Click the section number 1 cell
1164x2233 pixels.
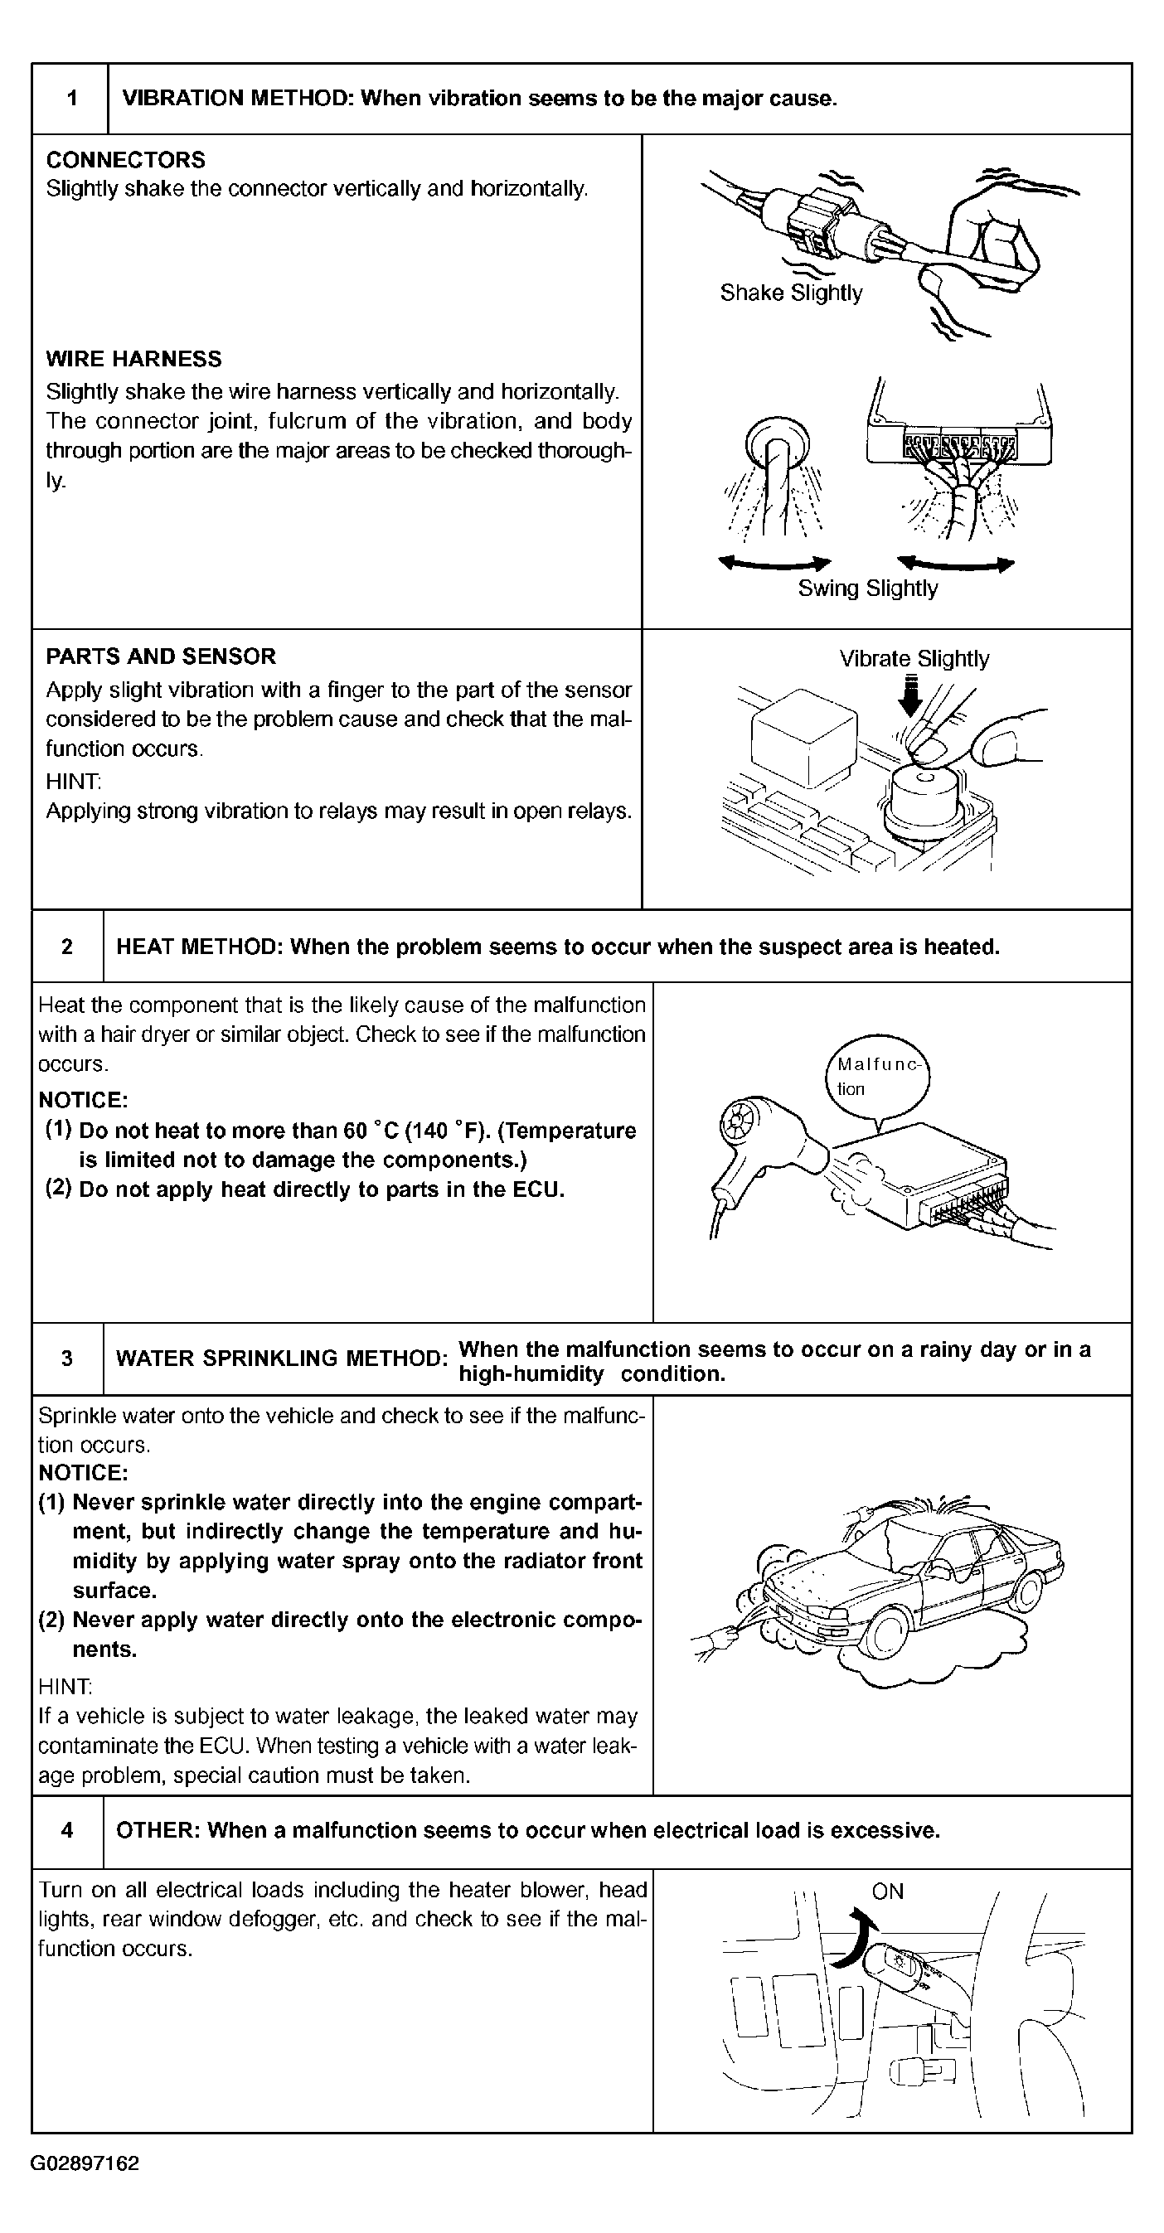[x=71, y=99]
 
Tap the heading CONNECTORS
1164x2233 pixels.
[x=126, y=159]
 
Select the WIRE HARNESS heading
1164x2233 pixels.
[x=133, y=359]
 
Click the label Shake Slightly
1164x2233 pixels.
[x=790, y=293]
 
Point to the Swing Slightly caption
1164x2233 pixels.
[x=867, y=589]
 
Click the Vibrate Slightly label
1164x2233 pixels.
[x=914, y=659]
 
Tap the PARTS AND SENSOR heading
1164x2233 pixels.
[x=160, y=656]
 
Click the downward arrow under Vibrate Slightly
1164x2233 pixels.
[x=909, y=697]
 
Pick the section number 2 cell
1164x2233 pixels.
[x=68, y=947]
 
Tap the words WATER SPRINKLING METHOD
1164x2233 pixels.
[x=281, y=1359]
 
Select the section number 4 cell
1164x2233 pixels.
[x=68, y=1830]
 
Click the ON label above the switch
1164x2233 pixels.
[x=888, y=1892]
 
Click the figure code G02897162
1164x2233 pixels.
[x=85, y=2163]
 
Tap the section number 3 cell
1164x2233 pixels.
[x=68, y=1359]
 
